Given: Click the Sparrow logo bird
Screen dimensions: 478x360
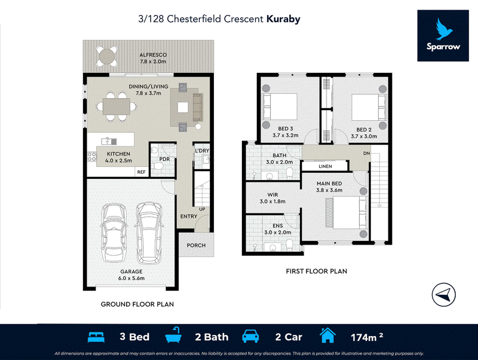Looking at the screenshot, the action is click(x=444, y=29).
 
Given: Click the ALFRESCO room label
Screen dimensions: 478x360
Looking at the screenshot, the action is click(x=153, y=55).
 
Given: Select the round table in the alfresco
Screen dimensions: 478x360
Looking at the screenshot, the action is click(x=107, y=56).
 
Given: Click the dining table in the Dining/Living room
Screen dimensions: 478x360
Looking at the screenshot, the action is click(x=117, y=107).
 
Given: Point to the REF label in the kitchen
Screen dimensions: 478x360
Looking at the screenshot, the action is click(x=142, y=172).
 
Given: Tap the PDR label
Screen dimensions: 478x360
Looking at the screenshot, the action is click(x=165, y=159).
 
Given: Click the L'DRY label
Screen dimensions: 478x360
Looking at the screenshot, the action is click(x=202, y=151).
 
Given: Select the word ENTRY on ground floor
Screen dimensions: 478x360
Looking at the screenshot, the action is click(x=189, y=216).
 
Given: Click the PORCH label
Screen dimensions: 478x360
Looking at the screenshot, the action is click(x=197, y=245).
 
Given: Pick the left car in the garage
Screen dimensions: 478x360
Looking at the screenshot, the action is click(x=114, y=233).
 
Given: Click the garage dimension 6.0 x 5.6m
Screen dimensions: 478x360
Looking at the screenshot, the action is click(x=131, y=278).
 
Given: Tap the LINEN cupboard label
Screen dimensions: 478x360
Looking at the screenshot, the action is click(x=325, y=166).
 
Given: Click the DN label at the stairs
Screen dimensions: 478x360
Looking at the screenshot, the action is click(x=366, y=154).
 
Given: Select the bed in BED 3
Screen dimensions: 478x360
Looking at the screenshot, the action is click(x=280, y=107).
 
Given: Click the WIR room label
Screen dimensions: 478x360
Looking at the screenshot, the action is click(x=272, y=194).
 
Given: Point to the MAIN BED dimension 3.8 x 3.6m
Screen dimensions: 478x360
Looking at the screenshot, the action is click(x=329, y=190).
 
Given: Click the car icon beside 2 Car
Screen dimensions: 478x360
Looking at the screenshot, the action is click(x=250, y=336).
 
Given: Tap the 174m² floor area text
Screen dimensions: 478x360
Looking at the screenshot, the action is click(x=367, y=337).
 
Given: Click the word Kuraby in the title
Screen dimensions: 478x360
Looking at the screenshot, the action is click(x=283, y=19).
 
